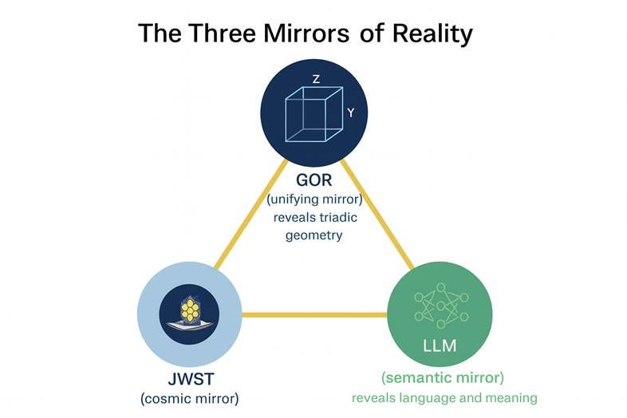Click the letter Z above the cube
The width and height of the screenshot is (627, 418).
coord(316,79)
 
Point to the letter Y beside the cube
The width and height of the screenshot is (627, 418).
coord(351,113)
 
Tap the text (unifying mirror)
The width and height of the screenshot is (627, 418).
coord(313,199)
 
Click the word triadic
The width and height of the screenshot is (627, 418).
coord(342,218)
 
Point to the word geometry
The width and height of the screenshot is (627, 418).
coord(313,235)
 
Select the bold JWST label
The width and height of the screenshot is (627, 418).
coord(189,378)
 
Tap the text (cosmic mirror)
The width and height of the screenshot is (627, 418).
coord(189,397)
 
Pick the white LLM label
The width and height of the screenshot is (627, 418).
coord(440,346)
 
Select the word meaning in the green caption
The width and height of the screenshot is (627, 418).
coord(511,397)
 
